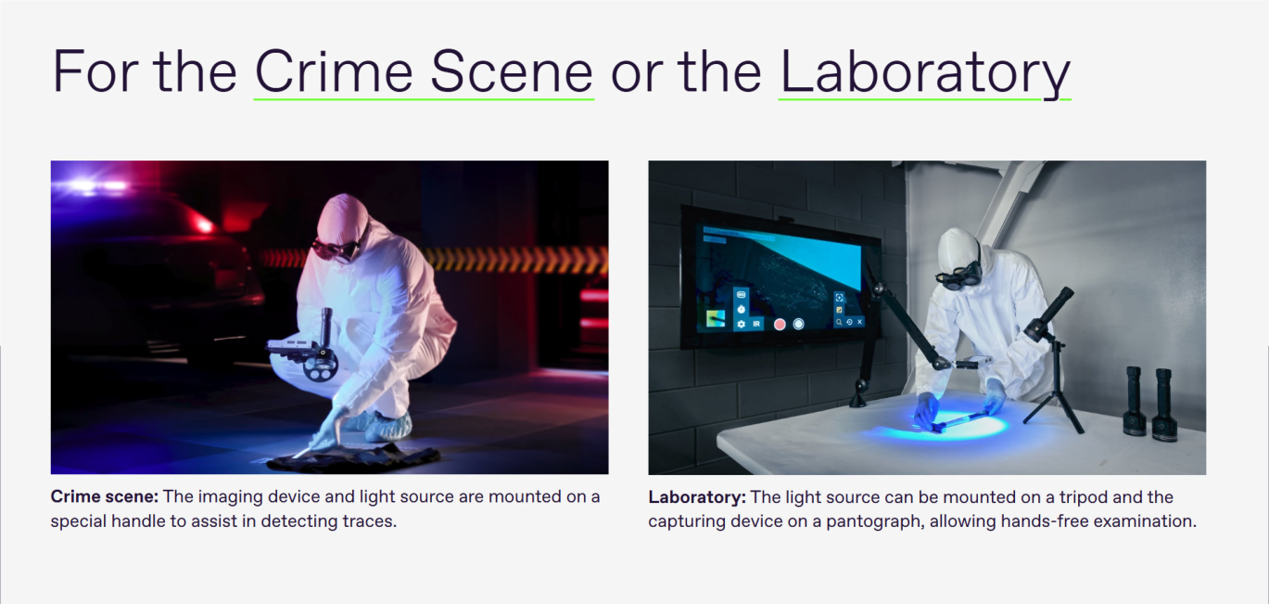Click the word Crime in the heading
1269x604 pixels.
334,71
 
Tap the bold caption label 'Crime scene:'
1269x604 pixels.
104,496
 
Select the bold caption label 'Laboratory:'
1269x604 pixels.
697,496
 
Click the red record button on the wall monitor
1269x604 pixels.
780,325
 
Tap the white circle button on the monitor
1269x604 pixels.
798,324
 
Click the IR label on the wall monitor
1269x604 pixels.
756,324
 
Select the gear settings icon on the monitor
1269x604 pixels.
741,324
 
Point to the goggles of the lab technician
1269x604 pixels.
958,277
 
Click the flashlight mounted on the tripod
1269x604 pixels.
1048,315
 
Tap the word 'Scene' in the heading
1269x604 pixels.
511,71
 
